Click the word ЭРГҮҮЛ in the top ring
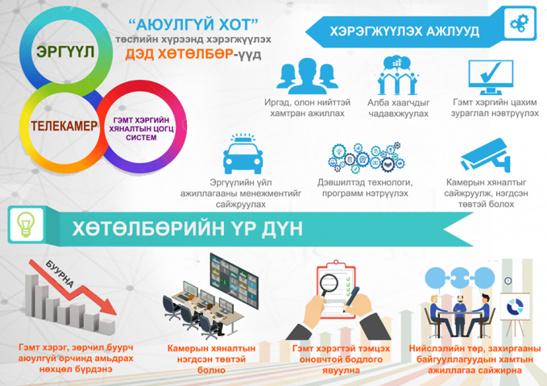point(65,52)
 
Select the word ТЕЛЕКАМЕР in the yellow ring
point(64,126)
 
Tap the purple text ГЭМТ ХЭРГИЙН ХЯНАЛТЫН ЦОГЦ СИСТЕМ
point(141,129)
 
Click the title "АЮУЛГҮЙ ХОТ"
point(193,25)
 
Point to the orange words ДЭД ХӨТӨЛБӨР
point(180,54)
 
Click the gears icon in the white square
point(520,23)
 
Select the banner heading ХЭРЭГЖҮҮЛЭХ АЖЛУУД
point(404,31)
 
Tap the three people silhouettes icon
point(307,76)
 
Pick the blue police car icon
point(242,154)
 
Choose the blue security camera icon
point(485,156)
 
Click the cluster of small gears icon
point(366,157)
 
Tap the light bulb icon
point(26,224)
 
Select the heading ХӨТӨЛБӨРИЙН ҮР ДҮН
point(188,229)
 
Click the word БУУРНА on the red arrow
point(60,274)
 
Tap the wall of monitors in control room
point(234,280)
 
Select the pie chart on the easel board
point(515,307)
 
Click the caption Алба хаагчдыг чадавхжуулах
point(399,108)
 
